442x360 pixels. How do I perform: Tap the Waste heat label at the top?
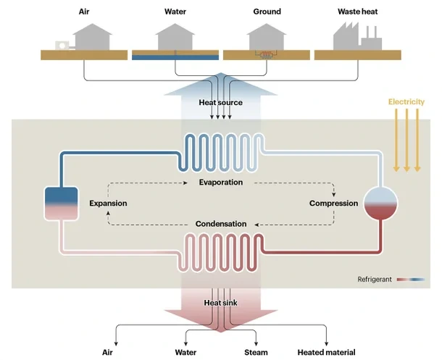(356, 12)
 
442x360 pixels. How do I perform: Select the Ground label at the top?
(267, 12)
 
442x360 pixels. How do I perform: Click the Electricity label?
(406, 102)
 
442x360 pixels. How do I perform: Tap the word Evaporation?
(220, 183)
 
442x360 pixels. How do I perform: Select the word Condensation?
(220, 224)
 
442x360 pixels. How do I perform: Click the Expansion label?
(108, 204)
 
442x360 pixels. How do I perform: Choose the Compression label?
(333, 204)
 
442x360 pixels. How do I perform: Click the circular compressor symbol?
(381, 203)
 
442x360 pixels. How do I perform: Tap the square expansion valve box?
(61, 204)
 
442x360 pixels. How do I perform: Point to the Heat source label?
(220, 103)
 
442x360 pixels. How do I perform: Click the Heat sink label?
(220, 302)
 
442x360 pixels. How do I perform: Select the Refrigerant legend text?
(375, 279)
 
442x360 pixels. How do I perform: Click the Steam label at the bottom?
(256, 353)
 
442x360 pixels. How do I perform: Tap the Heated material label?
(326, 353)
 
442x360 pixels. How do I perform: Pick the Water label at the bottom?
(187, 353)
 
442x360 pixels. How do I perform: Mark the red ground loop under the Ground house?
(266, 54)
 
